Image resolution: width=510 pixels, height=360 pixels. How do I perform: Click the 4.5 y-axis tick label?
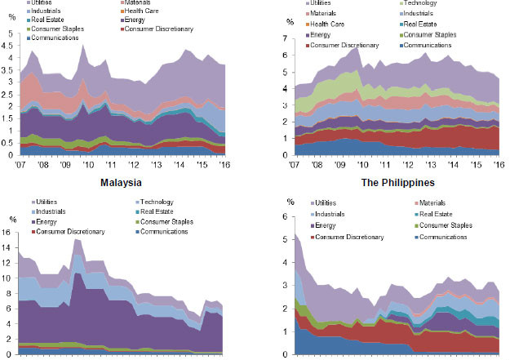pos(11,47)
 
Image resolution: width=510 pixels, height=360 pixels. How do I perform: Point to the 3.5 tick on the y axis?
pos(11,70)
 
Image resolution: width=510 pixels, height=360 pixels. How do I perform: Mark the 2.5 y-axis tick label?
pos(11,95)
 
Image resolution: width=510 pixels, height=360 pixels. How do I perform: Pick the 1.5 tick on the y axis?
pos(11,119)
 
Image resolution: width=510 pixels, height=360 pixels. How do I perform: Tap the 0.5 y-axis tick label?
pos(11,144)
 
